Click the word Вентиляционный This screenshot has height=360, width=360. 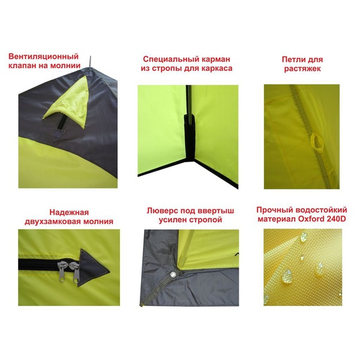(x=43, y=56)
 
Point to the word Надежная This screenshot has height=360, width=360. (x=69, y=212)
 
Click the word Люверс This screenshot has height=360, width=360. (x=163, y=211)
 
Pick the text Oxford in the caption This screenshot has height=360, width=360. (x=311, y=219)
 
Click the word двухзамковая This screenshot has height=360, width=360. (x=53, y=221)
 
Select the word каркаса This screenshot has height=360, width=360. (x=217, y=68)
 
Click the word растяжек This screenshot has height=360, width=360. (x=302, y=69)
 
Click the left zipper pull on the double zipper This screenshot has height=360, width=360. (x=62, y=271)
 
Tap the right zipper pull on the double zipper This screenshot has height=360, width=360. (x=75, y=273)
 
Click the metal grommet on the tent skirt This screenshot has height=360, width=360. (x=172, y=274)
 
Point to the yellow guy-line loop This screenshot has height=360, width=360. (x=314, y=142)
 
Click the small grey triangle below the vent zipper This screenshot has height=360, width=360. (x=58, y=133)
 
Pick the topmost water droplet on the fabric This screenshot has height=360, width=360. (x=304, y=237)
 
